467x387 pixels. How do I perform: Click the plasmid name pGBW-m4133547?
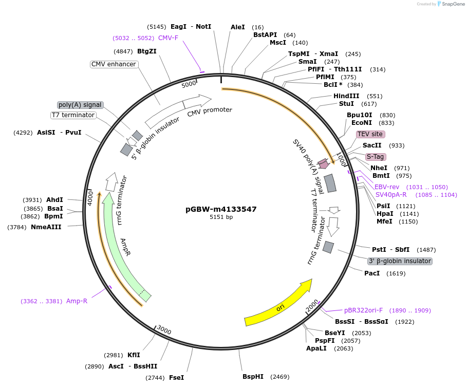(221, 209)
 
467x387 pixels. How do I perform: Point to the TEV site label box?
(370, 134)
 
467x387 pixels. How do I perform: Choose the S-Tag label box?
(376, 157)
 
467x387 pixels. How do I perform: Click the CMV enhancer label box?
(114, 64)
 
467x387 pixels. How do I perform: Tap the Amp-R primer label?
(77, 301)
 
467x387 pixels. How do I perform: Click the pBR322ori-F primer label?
(363, 310)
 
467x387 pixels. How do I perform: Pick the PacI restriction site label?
(372, 273)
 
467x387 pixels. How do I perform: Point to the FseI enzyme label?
(176, 377)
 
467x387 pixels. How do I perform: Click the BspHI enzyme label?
(253, 377)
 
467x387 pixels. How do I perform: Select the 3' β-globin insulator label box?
(400, 261)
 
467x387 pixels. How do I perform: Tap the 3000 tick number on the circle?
(164, 329)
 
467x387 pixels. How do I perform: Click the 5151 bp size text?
(221, 217)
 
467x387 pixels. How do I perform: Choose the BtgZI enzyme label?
(147, 51)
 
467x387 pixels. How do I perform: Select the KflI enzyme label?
(134, 355)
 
